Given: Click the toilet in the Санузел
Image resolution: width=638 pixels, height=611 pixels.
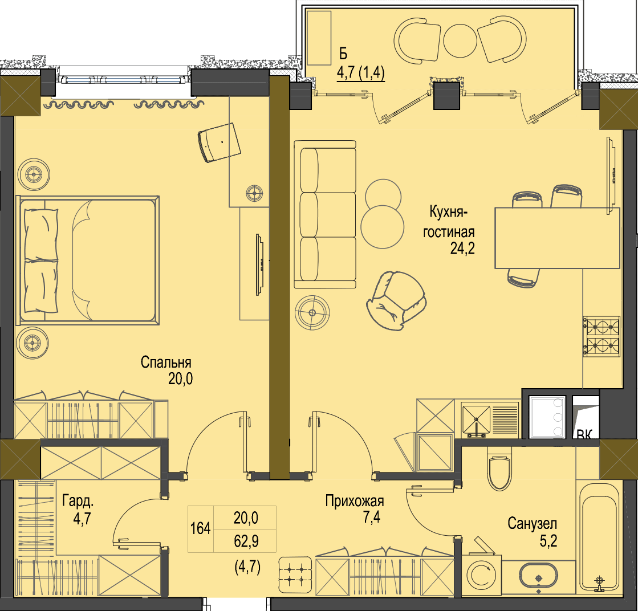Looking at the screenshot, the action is point(499,469).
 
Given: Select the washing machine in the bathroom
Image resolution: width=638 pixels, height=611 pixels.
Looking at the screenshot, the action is point(482,573).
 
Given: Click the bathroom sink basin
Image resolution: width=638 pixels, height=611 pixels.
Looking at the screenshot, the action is point(538,576).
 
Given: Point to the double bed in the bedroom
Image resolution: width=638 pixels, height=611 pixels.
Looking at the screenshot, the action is point(87,260).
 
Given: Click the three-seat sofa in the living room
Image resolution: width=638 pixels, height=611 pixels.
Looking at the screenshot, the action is point(325,214).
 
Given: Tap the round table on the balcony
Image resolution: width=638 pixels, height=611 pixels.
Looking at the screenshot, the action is point(460,40).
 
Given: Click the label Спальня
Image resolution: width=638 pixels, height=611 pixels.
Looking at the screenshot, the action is point(166,362).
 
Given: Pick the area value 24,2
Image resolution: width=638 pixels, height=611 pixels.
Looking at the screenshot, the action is point(462,248).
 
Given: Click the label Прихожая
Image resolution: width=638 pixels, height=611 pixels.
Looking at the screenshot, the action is point(355,501).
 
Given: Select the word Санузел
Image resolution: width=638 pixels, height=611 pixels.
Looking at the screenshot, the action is point(532,524).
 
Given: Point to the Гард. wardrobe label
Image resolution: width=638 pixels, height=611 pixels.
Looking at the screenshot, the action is point(78,501).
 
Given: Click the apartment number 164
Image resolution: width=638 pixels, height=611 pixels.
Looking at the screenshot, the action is point(201,528).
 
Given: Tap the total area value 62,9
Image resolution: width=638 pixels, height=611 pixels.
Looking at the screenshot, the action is point(246,541).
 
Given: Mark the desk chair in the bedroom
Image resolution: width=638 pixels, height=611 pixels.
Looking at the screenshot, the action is point(219,142).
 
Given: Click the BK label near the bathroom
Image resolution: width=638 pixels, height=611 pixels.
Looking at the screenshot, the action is point(585,434).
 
